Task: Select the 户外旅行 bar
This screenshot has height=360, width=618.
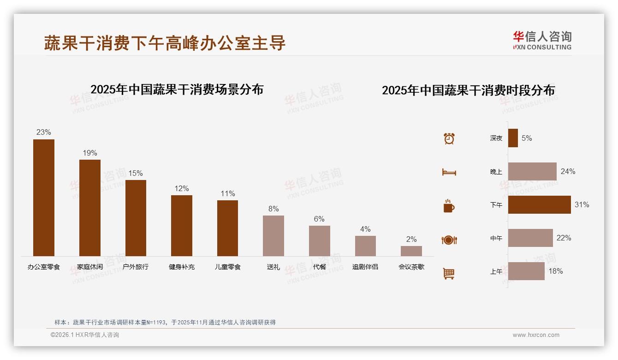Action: pos(136,218)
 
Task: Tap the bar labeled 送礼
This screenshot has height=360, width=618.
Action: pos(273,235)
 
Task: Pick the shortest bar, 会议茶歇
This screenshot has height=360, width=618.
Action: pos(411,251)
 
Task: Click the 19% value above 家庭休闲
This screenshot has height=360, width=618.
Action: pos(90,153)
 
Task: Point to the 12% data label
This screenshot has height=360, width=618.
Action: pos(182,188)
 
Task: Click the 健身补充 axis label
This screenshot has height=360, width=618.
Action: pos(182,267)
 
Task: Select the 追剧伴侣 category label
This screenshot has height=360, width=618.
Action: pos(365,267)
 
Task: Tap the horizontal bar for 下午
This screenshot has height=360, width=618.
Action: pos(539,205)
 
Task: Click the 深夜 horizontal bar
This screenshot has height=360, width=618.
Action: pos(513,138)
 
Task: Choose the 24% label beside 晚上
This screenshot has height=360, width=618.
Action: pos(568,171)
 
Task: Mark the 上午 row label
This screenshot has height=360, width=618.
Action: pos(496,271)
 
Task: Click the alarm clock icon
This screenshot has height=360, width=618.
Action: pos(449,138)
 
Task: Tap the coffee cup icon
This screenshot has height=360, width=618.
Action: pos(449,206)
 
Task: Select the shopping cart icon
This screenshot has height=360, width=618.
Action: pos(449,273)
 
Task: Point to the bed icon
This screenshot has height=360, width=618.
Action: pos(449,172)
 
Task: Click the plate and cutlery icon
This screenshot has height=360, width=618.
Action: pos(449,240)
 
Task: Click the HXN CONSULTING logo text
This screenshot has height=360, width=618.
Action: pos(542,47)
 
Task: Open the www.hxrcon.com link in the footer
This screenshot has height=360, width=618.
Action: pos(536,335)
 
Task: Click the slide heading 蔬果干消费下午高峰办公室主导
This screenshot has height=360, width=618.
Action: pos(165,43)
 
